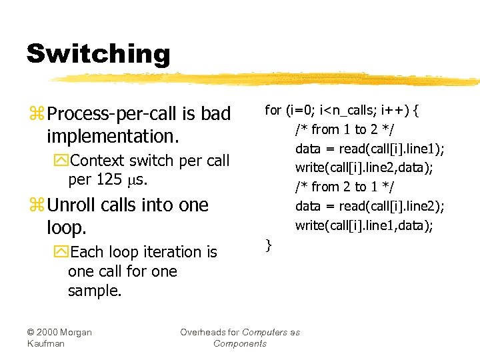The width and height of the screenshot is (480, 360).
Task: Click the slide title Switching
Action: pos(98,54)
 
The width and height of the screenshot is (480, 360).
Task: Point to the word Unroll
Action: pos(71,205)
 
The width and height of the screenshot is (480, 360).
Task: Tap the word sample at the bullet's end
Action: pos(93,291)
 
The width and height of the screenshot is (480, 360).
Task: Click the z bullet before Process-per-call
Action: pos(35,115)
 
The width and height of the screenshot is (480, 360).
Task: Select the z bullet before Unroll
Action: pos(35,205)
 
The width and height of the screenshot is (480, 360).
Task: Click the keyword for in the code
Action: pos(273,110)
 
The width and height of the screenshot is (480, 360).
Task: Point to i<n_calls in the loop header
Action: pos(345,110)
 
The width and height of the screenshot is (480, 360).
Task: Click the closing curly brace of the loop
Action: pos(268,245)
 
